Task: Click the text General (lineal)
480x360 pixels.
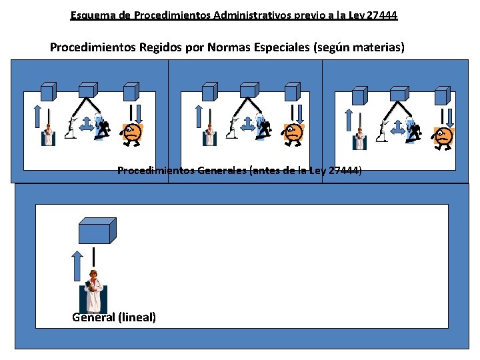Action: [114, 317]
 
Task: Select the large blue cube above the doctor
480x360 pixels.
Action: [97, 231]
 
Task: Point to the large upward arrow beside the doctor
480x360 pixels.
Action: [77, 266]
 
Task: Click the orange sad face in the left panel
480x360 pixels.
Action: [131, 134]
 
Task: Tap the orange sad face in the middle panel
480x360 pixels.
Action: [293, 135]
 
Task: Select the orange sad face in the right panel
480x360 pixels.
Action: [443, 138]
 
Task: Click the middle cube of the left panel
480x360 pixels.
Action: [89, 90]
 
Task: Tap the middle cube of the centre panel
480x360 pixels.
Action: [249, 90]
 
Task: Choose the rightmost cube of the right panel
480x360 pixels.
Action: [443, 95]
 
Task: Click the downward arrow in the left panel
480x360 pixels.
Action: [139, 114]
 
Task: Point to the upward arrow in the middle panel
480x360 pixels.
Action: [199, 116]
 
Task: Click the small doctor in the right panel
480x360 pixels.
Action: [360, 139]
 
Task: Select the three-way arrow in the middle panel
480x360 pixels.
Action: [247, 124]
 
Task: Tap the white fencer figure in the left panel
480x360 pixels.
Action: [71, 127]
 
